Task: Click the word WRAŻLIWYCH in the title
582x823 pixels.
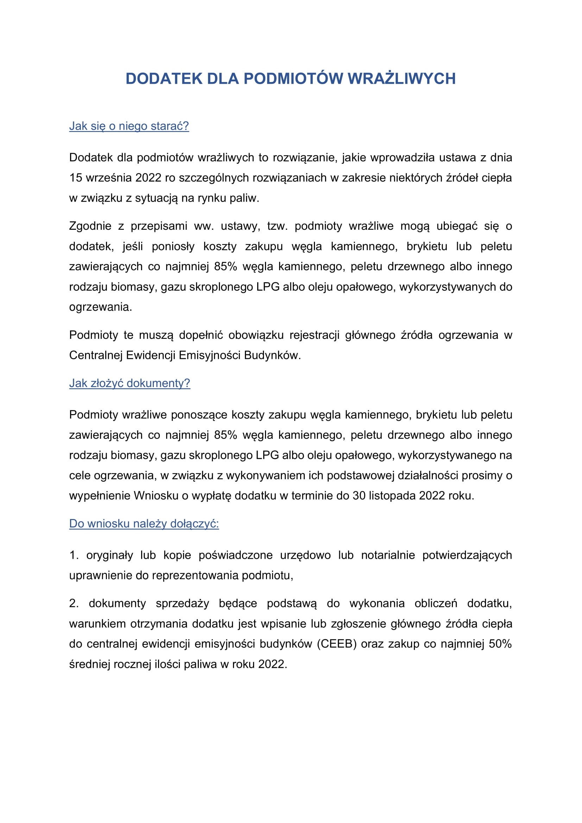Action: point(401,79)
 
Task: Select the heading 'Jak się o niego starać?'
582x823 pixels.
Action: point(129,126)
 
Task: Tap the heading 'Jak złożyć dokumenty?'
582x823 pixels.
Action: point(129,383)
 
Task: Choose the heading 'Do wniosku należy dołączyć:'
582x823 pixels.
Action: point(144,524)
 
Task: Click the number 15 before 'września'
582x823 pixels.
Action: point(76,178)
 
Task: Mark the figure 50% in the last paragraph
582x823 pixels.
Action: point(500,644)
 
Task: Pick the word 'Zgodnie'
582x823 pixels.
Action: point(90,226)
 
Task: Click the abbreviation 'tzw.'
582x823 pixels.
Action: point(277,226)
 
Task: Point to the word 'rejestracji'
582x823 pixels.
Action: point(314,335)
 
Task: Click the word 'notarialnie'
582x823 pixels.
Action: point(388,555)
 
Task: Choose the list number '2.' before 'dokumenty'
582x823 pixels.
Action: point(74,604)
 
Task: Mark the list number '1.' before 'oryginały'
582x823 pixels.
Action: point(74,555)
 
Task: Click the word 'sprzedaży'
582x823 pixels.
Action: point(182,604)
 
